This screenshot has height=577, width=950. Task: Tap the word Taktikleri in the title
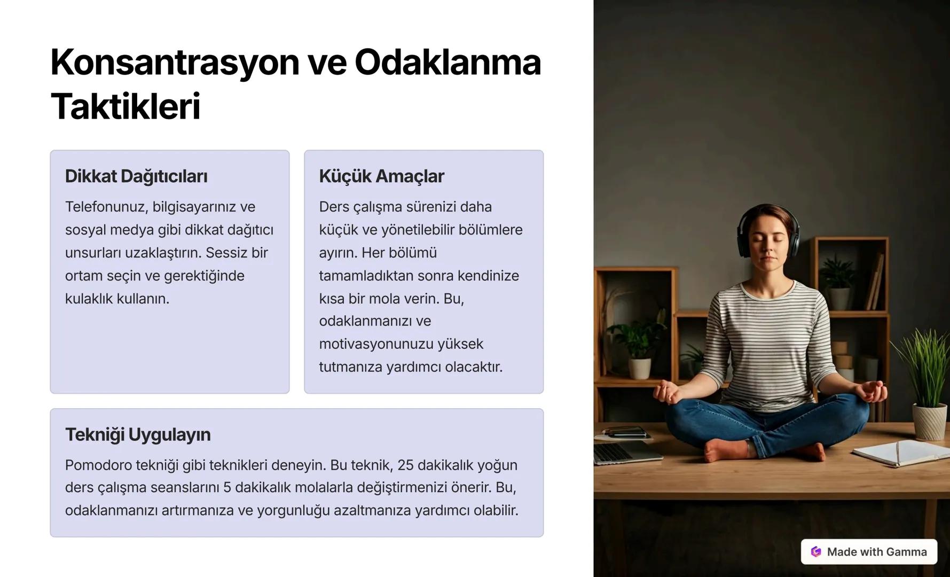point(125,107)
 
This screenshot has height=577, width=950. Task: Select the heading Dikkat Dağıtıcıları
point(136,176)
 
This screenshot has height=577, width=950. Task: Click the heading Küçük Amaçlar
point(381,176)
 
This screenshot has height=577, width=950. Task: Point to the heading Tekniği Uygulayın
point(138,435)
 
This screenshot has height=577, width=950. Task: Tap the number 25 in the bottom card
point(405,465)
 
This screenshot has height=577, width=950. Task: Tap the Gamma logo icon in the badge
point(816,552)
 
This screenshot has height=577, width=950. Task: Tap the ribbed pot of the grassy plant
point(930,422)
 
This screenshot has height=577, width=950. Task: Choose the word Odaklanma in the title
point(447,63)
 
